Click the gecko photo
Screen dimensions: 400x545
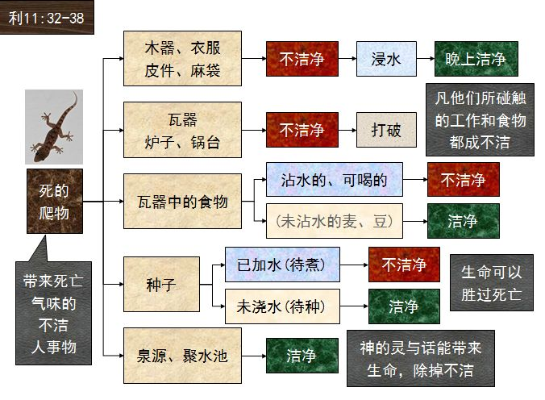click(54, 126)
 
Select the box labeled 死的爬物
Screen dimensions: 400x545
click(54, 202)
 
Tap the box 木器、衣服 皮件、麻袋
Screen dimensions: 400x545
click(182, 58)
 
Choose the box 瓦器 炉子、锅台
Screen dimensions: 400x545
click(182, 130)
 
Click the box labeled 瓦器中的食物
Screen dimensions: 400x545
click(182, 202)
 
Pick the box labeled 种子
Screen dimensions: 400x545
click(161, 284)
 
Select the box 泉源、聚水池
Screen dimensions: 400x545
click(182, 356)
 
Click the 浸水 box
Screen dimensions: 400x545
click(386, 58)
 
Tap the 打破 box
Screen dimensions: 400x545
click(386, 130)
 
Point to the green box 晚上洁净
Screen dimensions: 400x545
click(476, 58)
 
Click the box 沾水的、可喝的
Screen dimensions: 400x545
click(334, 180)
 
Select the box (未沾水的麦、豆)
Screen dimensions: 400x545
click(334, 221)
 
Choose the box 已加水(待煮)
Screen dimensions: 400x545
click(282, 265)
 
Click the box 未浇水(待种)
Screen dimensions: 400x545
click(282, 306)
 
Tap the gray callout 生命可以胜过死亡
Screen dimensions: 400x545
click(491, 282)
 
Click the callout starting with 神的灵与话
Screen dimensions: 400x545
click(420, 359)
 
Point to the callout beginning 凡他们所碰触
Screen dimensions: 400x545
click(480, 120)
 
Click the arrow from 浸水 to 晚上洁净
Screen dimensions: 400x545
click(425, 58)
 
